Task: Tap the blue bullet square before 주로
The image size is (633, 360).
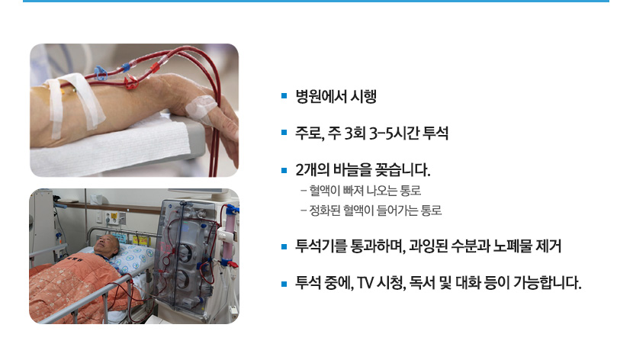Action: [284, 134]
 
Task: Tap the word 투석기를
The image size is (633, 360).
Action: [322, 246]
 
